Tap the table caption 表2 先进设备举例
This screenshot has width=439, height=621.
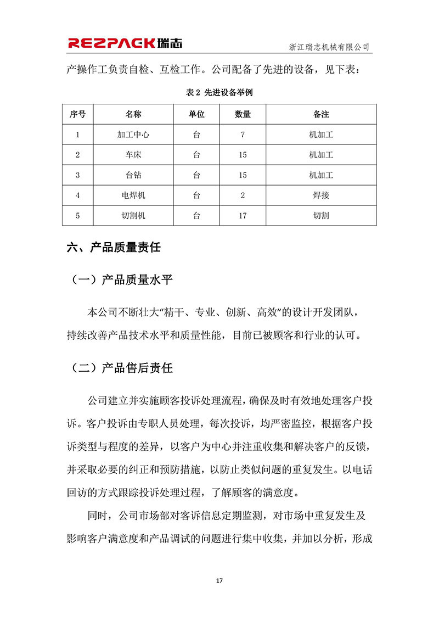[x=219, y=93]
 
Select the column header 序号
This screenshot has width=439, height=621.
[x=77, y=114]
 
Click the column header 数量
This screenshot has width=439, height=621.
[x=243, y=114]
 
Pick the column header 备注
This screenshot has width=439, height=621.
[x=321, y=114]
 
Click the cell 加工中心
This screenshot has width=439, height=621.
[x=133, y=135]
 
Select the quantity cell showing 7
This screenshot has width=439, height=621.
[x=243, y=135]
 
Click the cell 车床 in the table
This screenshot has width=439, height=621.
[x=133, y=155]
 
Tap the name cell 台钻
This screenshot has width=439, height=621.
[x=133, y=175]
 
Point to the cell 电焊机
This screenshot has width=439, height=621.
[x=133, y=195]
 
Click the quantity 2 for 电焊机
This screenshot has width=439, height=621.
[x=243, y=195]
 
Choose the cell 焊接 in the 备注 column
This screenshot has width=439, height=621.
[x=321, y=195]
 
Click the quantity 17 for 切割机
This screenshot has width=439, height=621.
[x=243, y=216]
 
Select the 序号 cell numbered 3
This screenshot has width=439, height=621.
[x=77, y=175]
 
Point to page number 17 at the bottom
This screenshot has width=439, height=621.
[x=219, y=580]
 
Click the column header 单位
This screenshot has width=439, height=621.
[x=196, y=114]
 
